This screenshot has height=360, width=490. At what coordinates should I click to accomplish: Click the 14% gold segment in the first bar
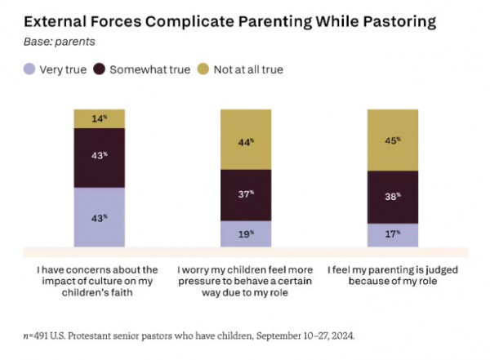99,118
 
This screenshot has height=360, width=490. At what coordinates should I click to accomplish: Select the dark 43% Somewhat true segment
99,157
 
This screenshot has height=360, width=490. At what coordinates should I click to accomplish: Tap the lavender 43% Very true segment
99,216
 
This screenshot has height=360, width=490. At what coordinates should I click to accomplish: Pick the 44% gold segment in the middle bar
246,143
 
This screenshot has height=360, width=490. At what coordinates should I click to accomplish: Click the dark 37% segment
246,193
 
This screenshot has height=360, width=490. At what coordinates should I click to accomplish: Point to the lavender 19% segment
246,233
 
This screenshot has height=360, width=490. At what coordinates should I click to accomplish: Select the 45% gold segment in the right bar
393,139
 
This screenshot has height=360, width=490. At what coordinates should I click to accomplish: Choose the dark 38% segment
393,197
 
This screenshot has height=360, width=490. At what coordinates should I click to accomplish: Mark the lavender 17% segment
393,234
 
